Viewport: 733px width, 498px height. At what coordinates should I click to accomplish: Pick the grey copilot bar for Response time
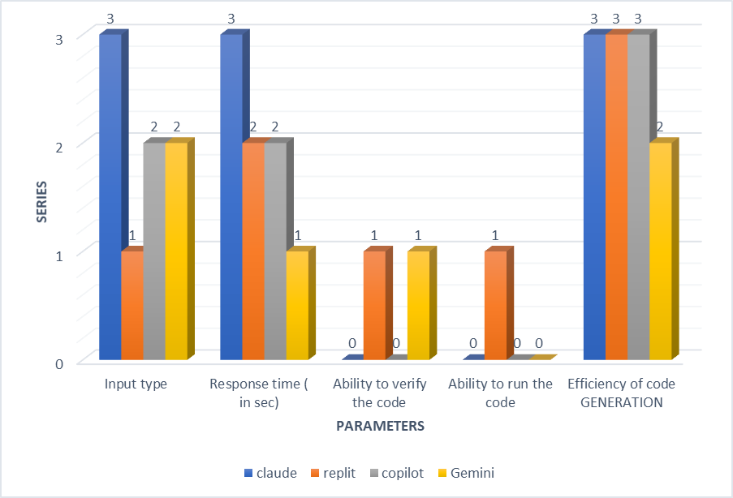coord(275,251)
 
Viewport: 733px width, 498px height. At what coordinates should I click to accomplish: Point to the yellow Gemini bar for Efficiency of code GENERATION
coord(660,251)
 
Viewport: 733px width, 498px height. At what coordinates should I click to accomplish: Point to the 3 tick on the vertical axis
coord(59,38)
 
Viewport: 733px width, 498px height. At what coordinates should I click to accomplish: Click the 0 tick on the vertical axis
coord(59,363)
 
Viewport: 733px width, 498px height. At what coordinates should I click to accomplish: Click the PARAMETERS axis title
coord(382,425)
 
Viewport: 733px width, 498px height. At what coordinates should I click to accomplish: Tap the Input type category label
coord(136,384)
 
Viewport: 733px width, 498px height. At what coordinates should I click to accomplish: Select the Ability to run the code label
coord(500,393)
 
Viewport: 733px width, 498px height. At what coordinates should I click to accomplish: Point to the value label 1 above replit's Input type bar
coord(132,235)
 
